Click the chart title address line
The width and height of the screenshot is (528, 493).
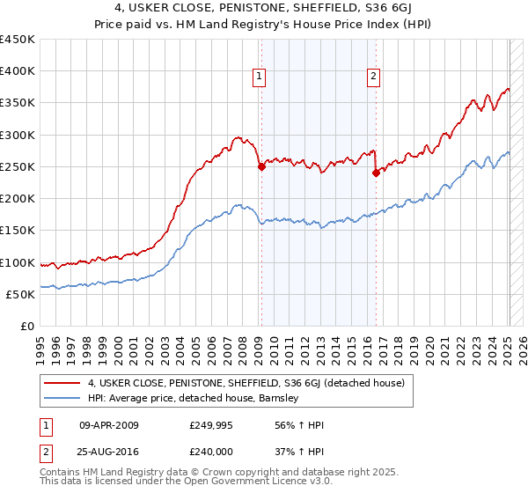(264, 9)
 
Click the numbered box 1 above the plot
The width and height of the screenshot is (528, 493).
(260, 77)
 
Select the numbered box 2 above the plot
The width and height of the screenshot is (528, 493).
(374, 77)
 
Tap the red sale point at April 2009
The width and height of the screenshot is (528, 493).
(261, 166)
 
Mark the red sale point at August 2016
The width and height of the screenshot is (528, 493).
(376, 173)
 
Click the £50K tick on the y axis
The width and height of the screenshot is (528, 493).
(20, 294)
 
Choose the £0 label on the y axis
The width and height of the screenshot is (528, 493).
(27, 326)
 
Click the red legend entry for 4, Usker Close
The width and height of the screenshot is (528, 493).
(246, 383)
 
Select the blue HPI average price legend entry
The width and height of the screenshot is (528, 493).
(194, 398)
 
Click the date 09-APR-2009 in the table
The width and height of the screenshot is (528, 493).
(109, 425)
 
